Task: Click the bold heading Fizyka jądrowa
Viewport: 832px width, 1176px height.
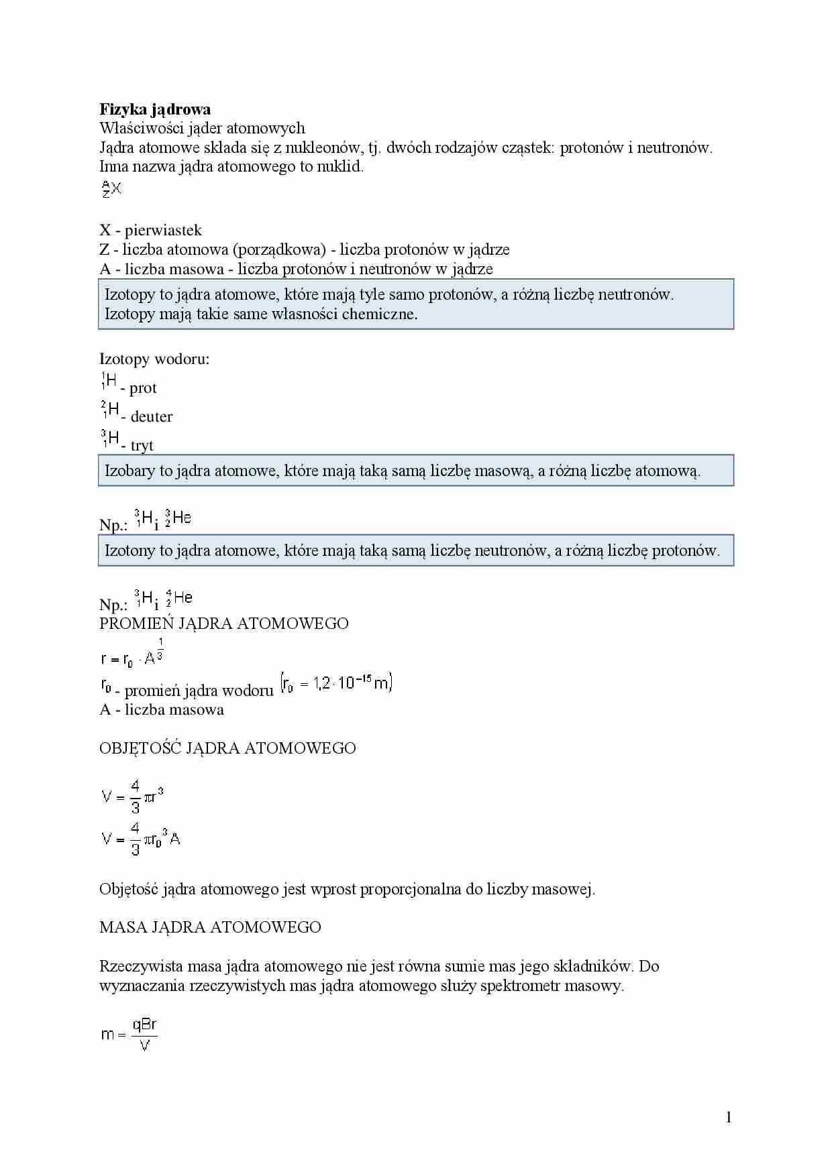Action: (155, 109)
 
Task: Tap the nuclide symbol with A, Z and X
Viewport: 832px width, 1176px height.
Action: (111, 189)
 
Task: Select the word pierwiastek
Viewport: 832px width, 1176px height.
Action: (163, 231)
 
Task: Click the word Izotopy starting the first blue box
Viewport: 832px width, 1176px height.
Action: (130, 294)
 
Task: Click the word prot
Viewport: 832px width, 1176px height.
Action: (143, 388)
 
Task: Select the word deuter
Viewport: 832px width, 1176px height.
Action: (152, 417)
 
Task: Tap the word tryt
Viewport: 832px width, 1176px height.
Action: (142, 446)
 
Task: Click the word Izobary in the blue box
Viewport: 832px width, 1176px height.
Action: (129, 471)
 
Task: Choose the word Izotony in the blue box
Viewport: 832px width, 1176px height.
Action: (129, 550)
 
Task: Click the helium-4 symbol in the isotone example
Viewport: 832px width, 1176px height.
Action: (179, 597)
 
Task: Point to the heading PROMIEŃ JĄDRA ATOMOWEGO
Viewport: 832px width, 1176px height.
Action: (223, 624)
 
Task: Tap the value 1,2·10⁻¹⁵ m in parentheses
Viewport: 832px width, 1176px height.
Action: (337, 683)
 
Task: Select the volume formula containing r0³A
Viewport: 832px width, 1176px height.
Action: (141, 839)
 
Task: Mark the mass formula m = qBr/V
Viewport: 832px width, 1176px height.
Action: (129, 1035)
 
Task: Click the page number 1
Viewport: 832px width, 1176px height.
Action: (729, 1117)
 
